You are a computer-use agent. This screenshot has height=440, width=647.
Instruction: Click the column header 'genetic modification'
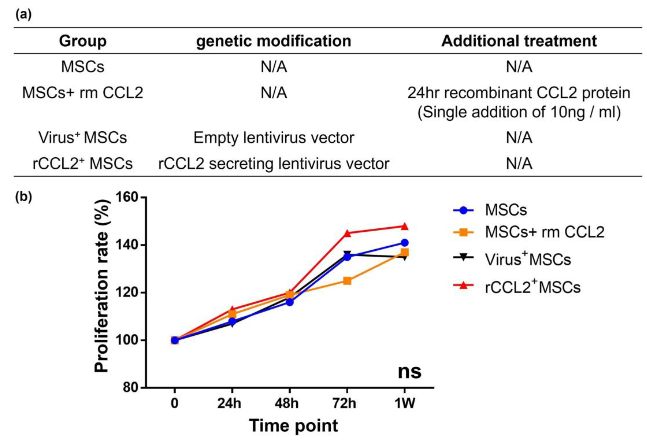click(273, 41)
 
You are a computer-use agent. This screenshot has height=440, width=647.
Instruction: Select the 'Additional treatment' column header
click(519, 41)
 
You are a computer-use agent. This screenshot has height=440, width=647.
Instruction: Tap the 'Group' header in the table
click(83, 41)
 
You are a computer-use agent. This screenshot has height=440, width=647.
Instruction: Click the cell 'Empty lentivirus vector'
click(273, 138)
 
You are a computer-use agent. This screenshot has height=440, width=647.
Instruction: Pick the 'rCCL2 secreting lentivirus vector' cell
click(273, 164)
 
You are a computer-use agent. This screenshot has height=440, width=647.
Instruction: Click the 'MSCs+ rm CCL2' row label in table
click(83, 93)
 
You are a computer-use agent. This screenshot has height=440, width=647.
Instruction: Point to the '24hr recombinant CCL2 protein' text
click(519, 93)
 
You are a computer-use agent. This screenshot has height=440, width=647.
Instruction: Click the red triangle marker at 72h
click(347, 233)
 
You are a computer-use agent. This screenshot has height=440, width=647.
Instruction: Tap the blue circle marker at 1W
click(405, 243)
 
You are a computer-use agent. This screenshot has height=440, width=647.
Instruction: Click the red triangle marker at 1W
click(405, 226)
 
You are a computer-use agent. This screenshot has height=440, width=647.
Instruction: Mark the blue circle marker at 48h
click(290, 302)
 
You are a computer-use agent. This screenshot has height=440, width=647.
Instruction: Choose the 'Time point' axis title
click(293, 426)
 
